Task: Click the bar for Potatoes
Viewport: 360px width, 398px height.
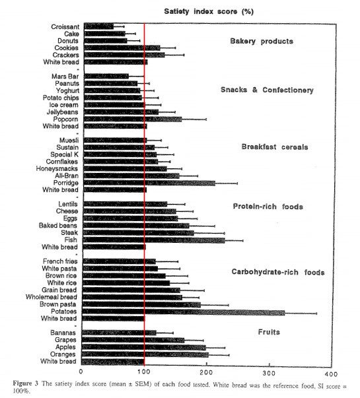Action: click(x=184, y=312)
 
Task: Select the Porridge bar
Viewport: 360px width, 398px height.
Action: click(x=150, y=183)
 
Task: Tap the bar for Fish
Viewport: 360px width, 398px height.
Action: click(x=154, y=240)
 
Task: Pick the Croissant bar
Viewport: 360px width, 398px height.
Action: click(x=99, y=26)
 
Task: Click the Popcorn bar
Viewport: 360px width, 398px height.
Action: click(x=133, y=119)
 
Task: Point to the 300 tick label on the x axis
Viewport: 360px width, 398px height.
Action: click(x=269, y=373)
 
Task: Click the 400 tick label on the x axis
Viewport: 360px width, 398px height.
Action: click(x=332, y=374)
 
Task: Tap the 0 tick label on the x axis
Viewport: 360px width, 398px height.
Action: click(x=81, y=372)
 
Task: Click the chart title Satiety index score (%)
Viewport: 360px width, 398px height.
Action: click(x=209, y=11)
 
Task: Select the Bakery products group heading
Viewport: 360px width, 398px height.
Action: click(x=262, y=41)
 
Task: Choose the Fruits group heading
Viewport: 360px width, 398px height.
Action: click(x=269, y=332)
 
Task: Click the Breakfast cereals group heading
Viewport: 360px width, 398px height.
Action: click(x=275, y=147)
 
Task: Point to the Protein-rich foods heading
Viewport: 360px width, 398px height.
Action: click(x=268, y=207)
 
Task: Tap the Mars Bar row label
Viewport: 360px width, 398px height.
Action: click(x=65, y=77)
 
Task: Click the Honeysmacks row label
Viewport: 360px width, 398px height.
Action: click(x=57, y=168)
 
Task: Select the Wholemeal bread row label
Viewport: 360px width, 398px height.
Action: click(x=51, y=297)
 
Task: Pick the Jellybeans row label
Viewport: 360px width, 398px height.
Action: click(x=63, y=112)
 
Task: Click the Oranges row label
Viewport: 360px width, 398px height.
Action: click(x=63, y=354)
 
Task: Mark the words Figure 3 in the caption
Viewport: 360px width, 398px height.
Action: click(x=25, y=383)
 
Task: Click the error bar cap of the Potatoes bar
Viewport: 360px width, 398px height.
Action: click(x=316, y=314)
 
